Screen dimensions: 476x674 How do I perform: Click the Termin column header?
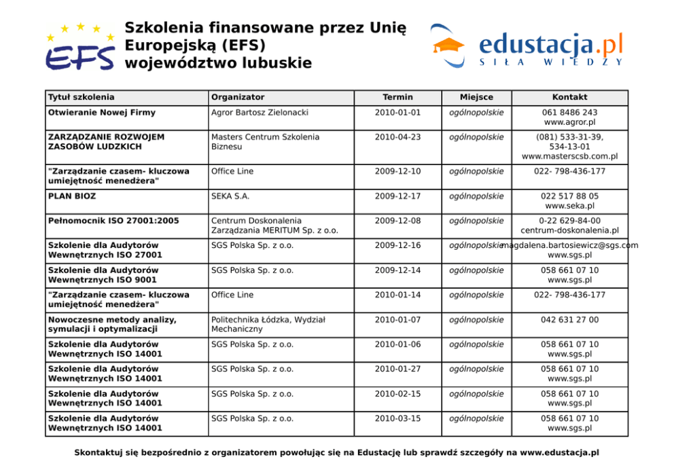pyautogui.click(x=397, y=97)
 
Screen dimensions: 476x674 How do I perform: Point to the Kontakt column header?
pyautogui.click(x=569, y=97)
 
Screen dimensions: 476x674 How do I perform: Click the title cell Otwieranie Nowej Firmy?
pyautogui.click(x=102, y=112)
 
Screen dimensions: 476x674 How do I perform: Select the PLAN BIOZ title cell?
pyautogui.click(x=72, y=196)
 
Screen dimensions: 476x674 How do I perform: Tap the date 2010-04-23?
pyautogui.click(x=397, y=137)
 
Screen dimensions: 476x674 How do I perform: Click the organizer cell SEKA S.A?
pyautogui.click(x=230, y=196)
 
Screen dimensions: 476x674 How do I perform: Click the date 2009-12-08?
pyautogui.click(x=397, y=221)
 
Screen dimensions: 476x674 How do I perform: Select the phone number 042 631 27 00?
pyautogui.click(x=569, y=320)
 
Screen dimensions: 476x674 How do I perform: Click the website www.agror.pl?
pyautogui.click(x=569, y=122)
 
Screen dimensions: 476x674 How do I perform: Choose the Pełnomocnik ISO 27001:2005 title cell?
pyautogui.click(x=113, y=221)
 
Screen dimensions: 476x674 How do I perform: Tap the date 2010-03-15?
pyautogui.click(x=397, y=418)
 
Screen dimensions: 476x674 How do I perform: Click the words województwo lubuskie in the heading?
pyautogui.click(x=218, y=63)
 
